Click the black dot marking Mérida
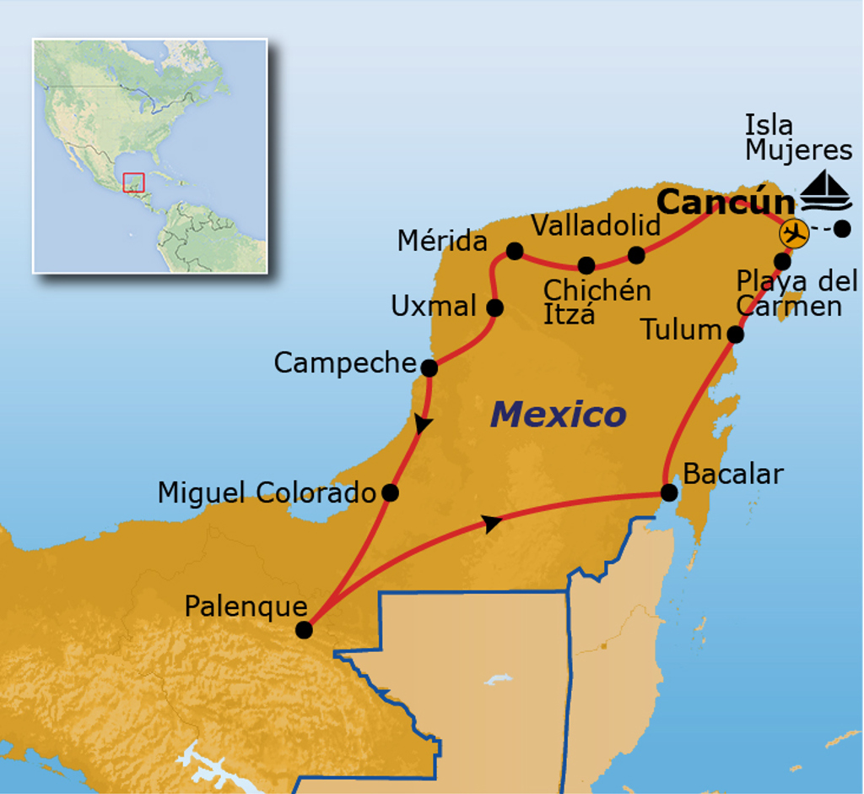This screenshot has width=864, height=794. click(514, 251)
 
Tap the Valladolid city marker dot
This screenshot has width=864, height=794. click(637, 254)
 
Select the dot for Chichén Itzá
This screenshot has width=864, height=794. click(586, 265)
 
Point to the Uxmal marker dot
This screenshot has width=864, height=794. click(495, 307)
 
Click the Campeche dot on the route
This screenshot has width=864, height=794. click(429, 367)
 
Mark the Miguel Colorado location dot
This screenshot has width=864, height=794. click(390, 492)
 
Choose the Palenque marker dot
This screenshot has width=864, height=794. click(305, 629)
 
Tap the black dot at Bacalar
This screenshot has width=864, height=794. click(669, 492)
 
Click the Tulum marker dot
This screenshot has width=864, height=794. click(735, 334)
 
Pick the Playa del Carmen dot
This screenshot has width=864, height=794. click(782, 260)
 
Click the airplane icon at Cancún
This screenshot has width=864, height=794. click(793, 231)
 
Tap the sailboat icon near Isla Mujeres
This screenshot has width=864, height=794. click(826, 192)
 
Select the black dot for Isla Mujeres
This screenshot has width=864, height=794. click(841, 228)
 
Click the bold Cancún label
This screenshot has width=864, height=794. click(725, 203)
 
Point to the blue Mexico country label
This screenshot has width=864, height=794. click(559, 415)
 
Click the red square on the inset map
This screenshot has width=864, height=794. click(134, 182)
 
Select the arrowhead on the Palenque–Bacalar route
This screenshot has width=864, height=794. click(492, 524)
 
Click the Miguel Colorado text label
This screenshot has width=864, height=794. click(267, 492)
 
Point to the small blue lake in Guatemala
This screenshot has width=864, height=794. click(499, 679)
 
